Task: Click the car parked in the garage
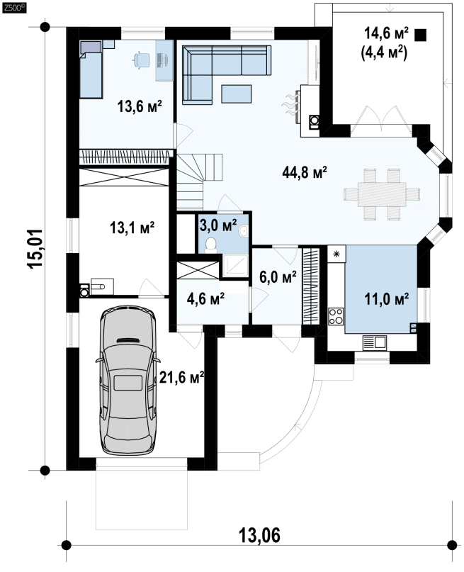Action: click(x=128, y=380)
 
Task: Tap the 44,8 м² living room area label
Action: click(x=305, y=172)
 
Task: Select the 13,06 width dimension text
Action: click(x=259, y=535)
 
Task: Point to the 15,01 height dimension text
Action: click(x=36, y=249)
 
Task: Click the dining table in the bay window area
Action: click(x=382, y=194)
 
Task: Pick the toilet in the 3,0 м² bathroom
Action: click(x=211, y=245)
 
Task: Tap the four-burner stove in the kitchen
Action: click(x=336, y=316)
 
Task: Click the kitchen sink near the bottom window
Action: click(x=374, y=343)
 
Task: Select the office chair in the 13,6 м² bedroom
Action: click(x=142, y=60)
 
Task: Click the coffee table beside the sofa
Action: click(x=236, y=94)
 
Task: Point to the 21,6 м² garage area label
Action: click(x=181, y=377)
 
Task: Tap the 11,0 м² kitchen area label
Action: click(x=386, y=299)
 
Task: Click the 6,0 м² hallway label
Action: click(x=278, y=277)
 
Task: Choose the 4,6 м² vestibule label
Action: click(x=205, y=299)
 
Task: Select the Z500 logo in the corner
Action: click(x=14, y=8)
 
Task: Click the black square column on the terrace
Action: click(x=421, y=35)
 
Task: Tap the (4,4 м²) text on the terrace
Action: click(x=384, y=54)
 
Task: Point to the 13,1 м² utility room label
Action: click(x=132, y=228)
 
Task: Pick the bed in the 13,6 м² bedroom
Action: click(x=91, y=69)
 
